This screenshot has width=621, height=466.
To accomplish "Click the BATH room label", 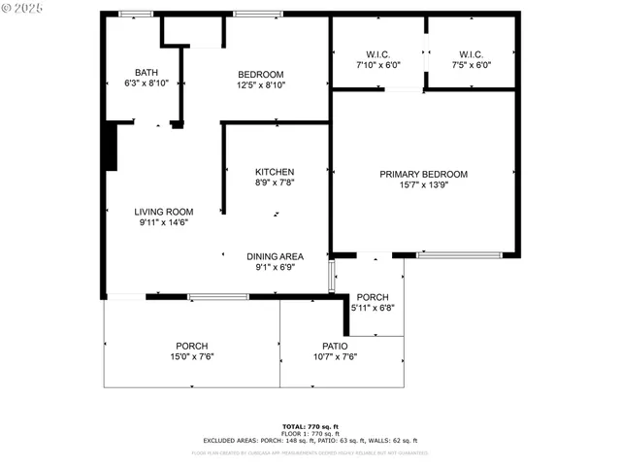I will [147, 72].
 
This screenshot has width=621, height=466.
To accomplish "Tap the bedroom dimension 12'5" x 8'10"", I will [261, 85].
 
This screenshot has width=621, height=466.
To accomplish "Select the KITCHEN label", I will [275, 172].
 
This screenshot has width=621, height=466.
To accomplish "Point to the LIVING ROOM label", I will [163, 212].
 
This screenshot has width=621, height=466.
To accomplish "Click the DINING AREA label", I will [275, 256].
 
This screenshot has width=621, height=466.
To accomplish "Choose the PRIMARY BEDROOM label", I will [423, 174].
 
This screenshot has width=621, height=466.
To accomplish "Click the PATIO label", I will [335, 346].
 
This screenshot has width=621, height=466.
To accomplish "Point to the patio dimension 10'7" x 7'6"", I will [335, 356].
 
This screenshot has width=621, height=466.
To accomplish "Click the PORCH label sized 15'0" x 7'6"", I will [191, 346].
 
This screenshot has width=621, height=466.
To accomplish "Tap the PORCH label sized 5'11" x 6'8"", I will [373, 297].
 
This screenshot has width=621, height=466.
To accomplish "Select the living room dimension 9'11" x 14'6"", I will [163, 222].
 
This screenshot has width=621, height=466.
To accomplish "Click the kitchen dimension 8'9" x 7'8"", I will [275, 183].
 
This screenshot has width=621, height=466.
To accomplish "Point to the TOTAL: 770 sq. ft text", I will [310, 426].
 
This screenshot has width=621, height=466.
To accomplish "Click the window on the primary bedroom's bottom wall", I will [459, 254].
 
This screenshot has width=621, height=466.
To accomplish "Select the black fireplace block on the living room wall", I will [111, 146].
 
